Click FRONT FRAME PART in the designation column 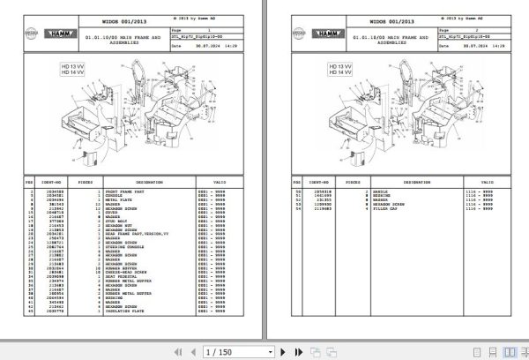(130, 191)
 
